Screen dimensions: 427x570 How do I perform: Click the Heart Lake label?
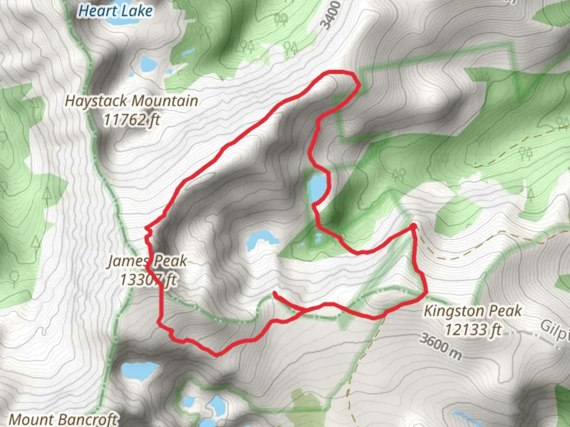click(x=115, y=11)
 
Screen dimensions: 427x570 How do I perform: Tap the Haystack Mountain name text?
click(x=131, y=101)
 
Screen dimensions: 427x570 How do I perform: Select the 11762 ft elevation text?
click(x=131, y=119)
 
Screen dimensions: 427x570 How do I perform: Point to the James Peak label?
click(x=147, y=261)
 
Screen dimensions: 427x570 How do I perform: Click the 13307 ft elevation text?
click(x=148, y=280)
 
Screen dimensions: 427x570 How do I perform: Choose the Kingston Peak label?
click(x=473, y=311)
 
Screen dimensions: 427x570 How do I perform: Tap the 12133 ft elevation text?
click(x=473, y=329)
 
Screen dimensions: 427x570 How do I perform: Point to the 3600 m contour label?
click(x=440, y=347)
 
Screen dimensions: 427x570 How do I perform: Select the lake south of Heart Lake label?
click(x=148, y=64)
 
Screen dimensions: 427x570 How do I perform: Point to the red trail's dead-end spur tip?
click(x=275, y=293)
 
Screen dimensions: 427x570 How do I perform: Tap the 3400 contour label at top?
click(x=331, y=15)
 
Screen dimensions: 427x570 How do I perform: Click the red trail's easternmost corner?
click(x=426, y=293)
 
